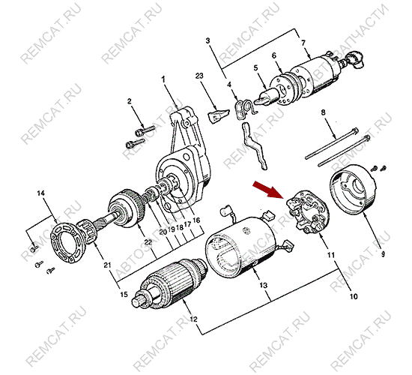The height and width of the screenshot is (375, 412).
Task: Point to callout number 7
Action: click(x=304, y=43)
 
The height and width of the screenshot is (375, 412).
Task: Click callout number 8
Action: click(x=324, y=112)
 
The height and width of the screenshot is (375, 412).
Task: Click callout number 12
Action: click(x=194, y=320)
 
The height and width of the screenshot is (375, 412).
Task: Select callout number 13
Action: click(x=263, y=286)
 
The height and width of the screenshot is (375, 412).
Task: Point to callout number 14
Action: click(x=41, y=194)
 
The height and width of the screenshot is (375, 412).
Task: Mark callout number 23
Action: click(x=199, y=76)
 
